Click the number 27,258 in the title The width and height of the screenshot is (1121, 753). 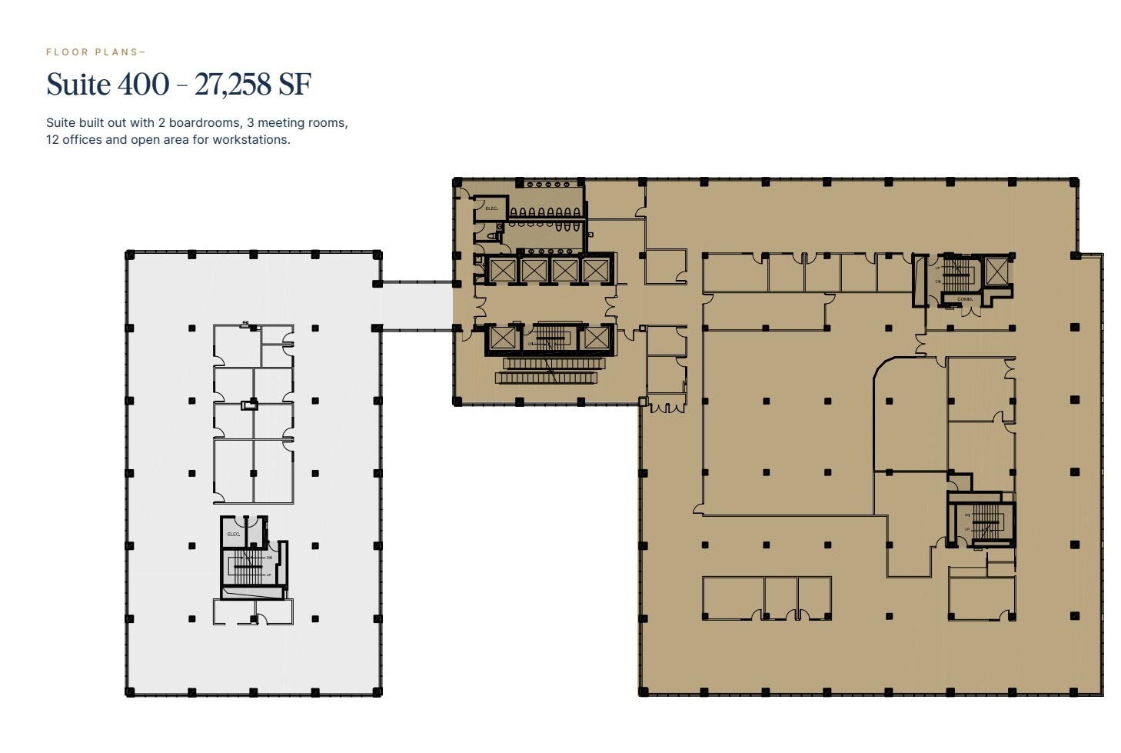[x=231, y=85]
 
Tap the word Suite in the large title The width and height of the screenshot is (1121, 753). [x=78, y=85]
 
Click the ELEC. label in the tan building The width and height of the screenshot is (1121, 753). [x=491, y=208]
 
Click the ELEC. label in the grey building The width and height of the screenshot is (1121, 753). [x=233, y=534]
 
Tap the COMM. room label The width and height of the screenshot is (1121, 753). [x=964, y=299]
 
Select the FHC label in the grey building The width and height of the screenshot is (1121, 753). [x=246, y=323]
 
